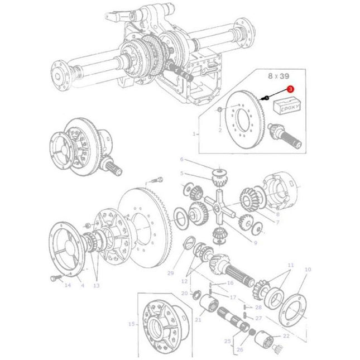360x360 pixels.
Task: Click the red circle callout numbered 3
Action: click(x=290, y=88)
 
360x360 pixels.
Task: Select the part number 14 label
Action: click(x=68, y=285)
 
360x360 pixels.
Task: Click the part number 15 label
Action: click(x=131, y=324)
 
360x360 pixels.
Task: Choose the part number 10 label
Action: click(x=307, y=270)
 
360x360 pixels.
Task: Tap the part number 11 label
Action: click(x=290, y=264)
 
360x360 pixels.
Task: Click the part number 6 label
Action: click(x=181, y=159)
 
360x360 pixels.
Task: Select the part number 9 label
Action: click(x=255, y=243)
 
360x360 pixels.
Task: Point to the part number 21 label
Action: click(x=198, y=319)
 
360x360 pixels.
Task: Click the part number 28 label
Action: click(x=258, y=308)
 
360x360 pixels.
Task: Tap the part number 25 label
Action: click(x=227, y=340)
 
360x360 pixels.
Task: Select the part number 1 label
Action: click(x=194, y=134)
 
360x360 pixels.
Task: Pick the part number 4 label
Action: click(x=82, y=285)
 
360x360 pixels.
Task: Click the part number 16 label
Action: click(x=230, y=284)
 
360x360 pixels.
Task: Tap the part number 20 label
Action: click(x=184, y=293)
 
